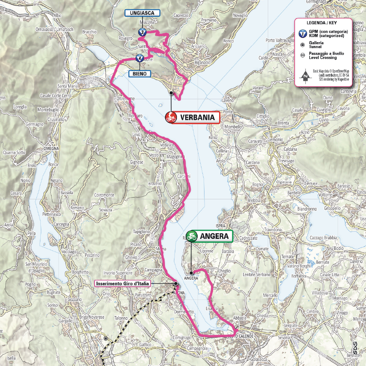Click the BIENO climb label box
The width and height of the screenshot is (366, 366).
click(x=140, y=74)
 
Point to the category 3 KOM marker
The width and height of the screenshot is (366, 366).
click(x=142, y=33)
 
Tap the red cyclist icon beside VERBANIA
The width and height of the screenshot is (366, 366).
click(x=171, y=117)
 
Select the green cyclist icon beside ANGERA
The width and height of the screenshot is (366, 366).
click(x=192, y=236)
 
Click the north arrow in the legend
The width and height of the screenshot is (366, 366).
click(x=305, y=76)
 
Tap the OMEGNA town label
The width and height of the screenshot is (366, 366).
click(x=51, y=149)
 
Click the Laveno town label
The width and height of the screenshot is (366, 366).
click(x=228, y=101)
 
